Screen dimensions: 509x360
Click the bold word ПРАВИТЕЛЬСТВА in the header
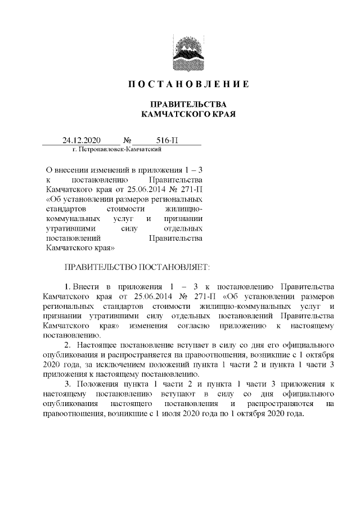pyautogui.click(x=185, y=105)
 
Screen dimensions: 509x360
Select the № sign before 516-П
pyautogui.click(x=127, y=140)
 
